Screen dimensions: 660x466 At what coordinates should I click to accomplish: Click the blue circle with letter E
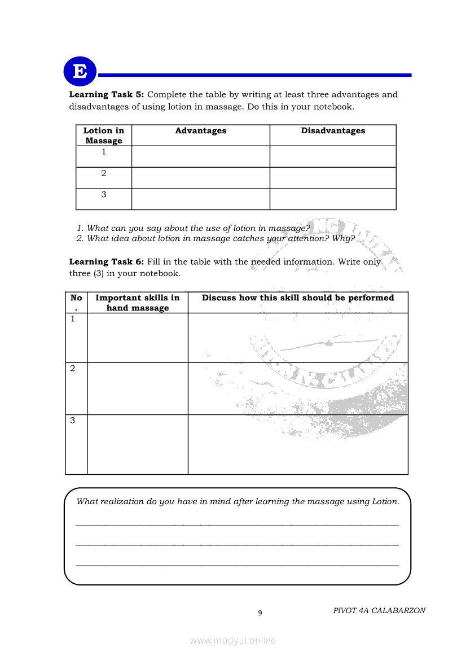tap(80, 72)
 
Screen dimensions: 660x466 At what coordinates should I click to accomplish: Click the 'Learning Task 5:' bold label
tap(107, 95)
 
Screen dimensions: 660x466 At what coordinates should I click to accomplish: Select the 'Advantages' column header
tap(201, 131)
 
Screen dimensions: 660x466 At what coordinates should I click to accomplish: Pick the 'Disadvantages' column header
tap(333, 131)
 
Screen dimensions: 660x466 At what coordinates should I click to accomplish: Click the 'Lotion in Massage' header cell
tap(104, 136)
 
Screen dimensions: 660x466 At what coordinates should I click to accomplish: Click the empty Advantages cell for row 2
tap(201, 178)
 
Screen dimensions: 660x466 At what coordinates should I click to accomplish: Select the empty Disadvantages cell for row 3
tap(333, 199)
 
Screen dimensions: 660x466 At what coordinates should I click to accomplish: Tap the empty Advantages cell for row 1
tap(201, 156)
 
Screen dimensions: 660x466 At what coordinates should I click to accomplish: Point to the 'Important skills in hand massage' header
tap(138, 303)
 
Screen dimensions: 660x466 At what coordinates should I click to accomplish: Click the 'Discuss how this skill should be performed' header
tap(298, 298)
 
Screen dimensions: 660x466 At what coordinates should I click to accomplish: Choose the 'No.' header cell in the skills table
tap(76, 303)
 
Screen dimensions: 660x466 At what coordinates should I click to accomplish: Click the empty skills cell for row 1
tap(138, 338)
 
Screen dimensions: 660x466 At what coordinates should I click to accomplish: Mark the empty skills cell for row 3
tap(138, 444)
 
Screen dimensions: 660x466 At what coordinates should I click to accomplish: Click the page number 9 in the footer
tap(260, 613)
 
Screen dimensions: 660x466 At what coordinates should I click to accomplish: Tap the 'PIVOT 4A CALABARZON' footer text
tap(379, 610)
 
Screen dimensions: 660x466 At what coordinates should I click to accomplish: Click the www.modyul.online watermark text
tap(233, 640)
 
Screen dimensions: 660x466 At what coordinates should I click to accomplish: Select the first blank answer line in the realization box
tap(237, 524)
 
